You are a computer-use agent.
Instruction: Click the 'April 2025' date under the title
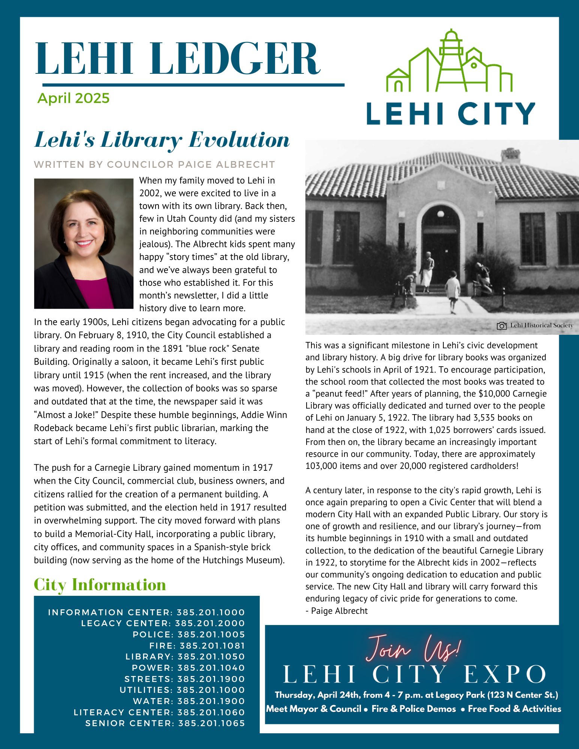point(73,98)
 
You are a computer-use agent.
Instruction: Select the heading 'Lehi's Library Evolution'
point(162,140)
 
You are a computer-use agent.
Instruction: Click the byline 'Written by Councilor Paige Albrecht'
point(154,164)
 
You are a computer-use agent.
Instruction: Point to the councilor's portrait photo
point(84,243)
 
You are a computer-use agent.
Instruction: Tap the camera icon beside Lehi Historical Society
point(501,326)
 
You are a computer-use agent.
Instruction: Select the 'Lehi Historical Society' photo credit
point(541,325)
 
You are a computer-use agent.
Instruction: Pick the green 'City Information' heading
point(100,585)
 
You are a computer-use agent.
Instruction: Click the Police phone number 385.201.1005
point(211,634)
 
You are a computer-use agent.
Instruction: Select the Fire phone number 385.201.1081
point(212,646)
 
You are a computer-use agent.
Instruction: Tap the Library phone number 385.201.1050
point(211,656)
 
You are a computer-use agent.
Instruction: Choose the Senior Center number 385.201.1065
point(211,723)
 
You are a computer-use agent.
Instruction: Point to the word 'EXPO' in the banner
point(504,674)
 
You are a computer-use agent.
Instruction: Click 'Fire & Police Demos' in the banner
point(413,709)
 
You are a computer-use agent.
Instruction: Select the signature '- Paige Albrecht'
point(337,611)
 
